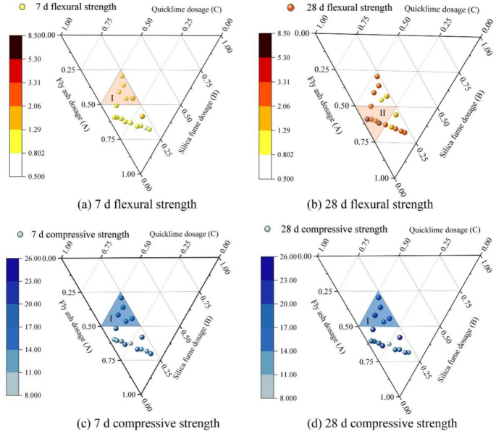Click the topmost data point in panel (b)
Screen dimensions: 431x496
point(377,76)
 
